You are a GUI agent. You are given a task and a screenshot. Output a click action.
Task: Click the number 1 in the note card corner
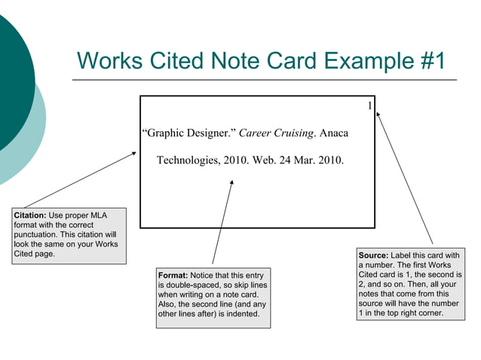point(369,106)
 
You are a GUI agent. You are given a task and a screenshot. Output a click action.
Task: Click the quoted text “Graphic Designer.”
point(189,133)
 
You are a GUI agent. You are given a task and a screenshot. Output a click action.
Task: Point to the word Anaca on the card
point(334,133)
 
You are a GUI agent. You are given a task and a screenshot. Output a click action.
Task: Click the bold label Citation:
point(29,215)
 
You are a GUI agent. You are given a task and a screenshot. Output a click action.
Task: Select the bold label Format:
point(173,276)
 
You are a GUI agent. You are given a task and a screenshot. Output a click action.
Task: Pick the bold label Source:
point(374,255)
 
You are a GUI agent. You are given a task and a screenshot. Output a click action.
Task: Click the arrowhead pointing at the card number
point(379,114)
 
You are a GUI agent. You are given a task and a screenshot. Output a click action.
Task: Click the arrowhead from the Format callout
point(232,182)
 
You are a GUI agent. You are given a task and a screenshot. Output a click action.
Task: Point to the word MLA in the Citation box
point(98,215)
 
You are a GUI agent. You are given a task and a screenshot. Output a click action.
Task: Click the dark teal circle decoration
point(11,75)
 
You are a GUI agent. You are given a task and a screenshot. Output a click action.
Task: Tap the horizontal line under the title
point(264,79)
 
